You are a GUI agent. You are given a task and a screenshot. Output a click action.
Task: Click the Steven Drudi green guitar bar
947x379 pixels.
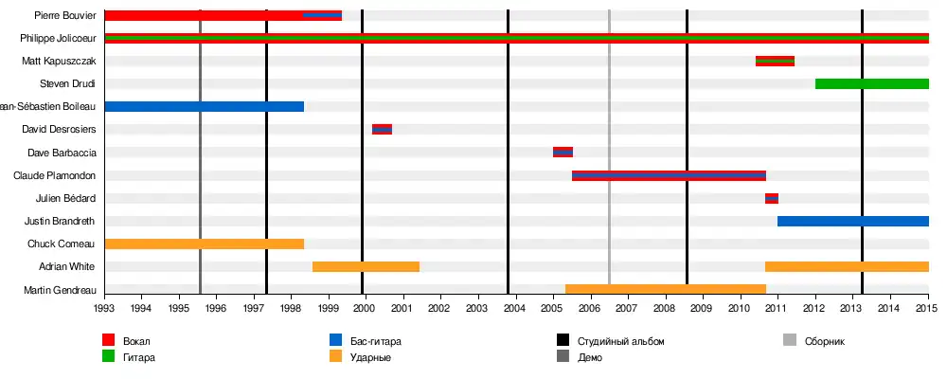[x=871, y=84]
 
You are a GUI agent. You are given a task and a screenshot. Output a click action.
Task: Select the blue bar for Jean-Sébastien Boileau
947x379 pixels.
[x=204, y=107]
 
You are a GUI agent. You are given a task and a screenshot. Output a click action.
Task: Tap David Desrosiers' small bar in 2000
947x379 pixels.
[x=382, y=130]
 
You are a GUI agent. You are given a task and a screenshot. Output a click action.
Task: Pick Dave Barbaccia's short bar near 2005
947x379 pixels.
[x=563, y=153]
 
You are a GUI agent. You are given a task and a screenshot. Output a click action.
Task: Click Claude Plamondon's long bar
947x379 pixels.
[x=669, y=175]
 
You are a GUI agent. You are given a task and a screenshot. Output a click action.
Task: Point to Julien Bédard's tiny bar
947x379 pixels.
[x=772, y=198]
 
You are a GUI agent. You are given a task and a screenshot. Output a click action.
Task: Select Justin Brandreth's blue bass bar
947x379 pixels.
[x=852, y=222]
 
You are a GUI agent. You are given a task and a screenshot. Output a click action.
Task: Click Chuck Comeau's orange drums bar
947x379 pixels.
[x=204, y=244]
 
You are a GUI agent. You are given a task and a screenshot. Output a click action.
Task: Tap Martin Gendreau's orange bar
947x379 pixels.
[x=665, y=289]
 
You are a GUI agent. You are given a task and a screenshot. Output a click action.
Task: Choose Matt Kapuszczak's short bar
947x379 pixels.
[x=775, y=62]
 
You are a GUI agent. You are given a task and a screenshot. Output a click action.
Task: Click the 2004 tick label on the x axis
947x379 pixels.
[x=515, y=308]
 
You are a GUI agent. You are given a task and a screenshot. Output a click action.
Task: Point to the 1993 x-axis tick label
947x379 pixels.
[x=104, y=308]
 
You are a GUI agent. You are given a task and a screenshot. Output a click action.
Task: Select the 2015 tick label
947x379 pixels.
[x=927, y=308]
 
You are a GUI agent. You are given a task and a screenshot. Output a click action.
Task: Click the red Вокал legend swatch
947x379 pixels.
[x=109, y=340]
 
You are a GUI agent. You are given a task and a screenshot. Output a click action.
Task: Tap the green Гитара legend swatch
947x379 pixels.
[x=109, y=357]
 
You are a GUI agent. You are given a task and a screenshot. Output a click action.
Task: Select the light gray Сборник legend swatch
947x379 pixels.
[x=790, y=340]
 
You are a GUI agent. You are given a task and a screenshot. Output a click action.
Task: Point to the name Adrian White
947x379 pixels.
[x=66, y=267]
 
